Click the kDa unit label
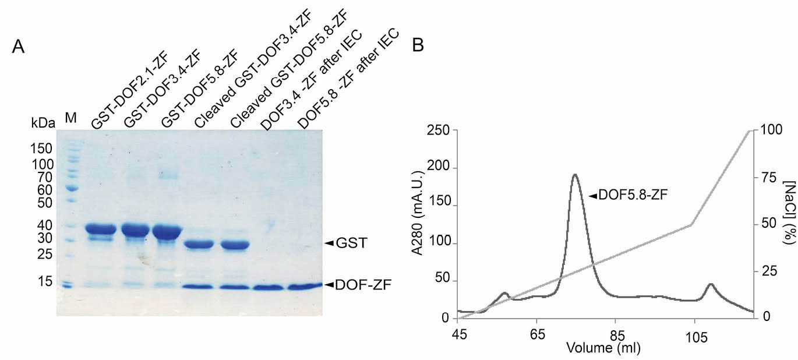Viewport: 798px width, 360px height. click(43, 123)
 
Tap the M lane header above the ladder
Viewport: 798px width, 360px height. click(70, 118)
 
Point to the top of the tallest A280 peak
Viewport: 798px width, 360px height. click(575, 174)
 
